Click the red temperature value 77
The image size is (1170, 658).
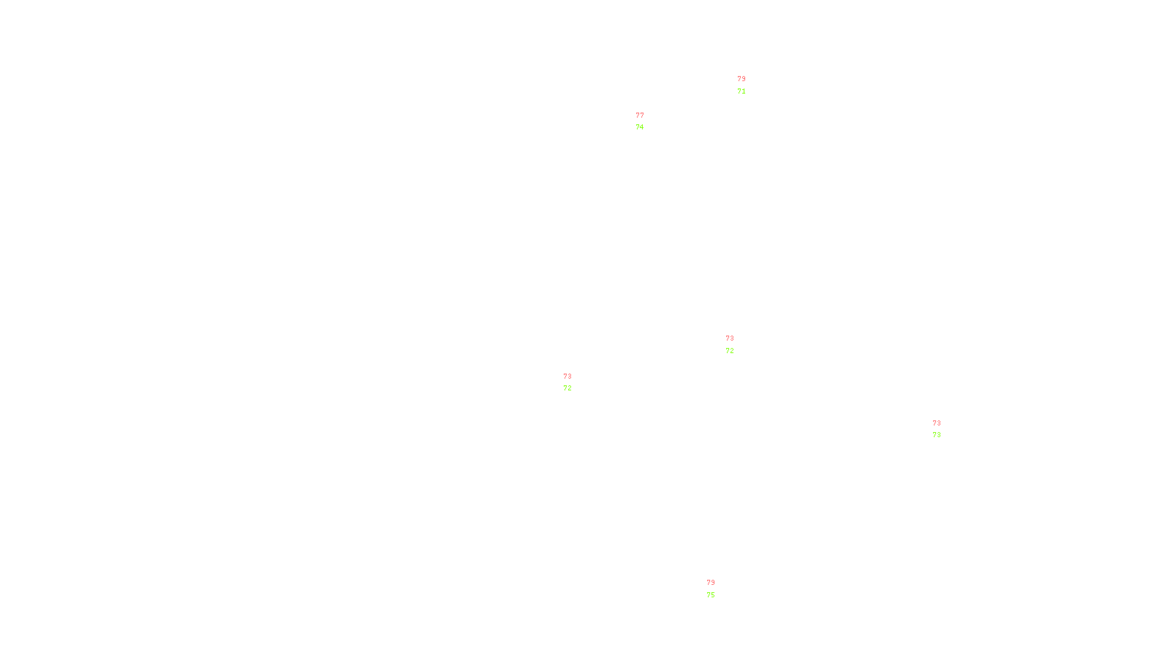point(640,116)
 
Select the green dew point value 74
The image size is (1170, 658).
point(640,127)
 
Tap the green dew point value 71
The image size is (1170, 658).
point(741,91)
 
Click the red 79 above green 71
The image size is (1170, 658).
point(741,79)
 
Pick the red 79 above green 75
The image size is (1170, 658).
point(711,583)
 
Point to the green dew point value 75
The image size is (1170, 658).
point(711,595)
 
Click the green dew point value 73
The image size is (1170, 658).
point(937,435)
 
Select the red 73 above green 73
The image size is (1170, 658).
point(937,423)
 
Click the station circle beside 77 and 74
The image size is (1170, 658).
point(647,121)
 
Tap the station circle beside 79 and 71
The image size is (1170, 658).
point(748,86)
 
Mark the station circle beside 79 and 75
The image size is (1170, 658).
point(717,589)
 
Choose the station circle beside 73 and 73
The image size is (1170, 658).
point(943,429)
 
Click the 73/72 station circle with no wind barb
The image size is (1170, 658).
point(574,382)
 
